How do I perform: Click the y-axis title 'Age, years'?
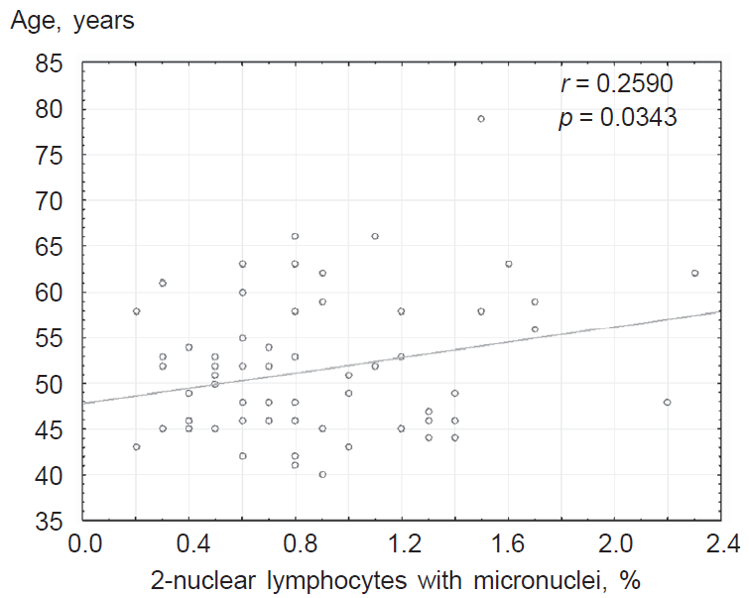[70, 21]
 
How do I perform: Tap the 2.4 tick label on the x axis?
[720, 544]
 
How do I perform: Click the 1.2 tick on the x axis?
[402, 544]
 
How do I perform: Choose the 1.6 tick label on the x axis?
[508, 544]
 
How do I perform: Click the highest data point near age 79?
[481, 118]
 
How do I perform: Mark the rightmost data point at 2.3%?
[694, 273]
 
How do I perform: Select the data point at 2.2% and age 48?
[668, 402]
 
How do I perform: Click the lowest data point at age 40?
[322, 474]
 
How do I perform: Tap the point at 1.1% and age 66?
[375, 236]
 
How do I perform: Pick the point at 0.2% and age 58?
[136, 310]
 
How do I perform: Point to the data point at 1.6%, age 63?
[508, 264]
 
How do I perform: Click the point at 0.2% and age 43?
[136, 446]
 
